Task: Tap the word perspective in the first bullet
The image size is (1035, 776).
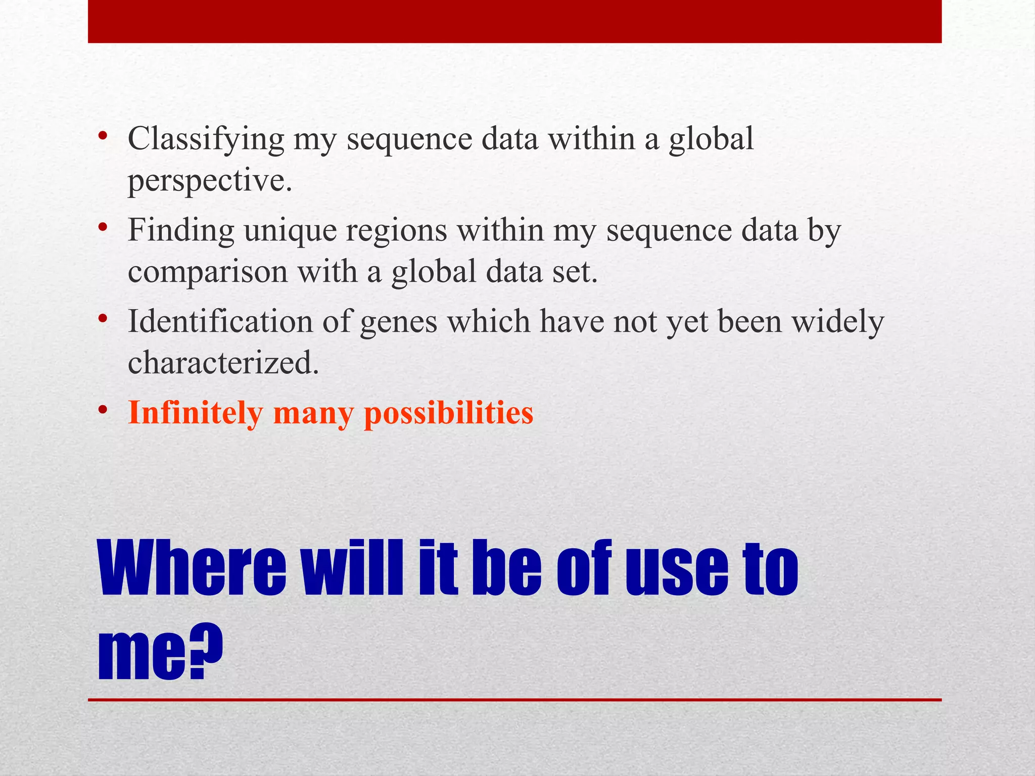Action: [209, 181]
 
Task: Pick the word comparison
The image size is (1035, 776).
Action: [207, 272]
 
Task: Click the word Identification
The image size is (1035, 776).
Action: [220, 322]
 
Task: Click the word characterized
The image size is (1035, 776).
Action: [223, 363]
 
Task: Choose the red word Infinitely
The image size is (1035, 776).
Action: [195, 413]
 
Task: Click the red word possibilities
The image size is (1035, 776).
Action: [448, 413]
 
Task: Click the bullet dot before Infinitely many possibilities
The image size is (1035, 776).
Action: [103, 410]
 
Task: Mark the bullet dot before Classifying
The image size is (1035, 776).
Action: [103, 135]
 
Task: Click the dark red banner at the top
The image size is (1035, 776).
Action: [514, 21]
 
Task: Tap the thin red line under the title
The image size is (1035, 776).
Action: [514, 700]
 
